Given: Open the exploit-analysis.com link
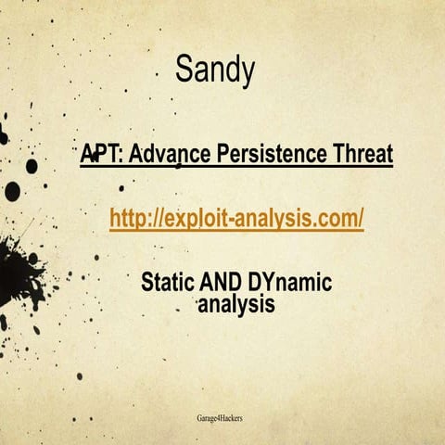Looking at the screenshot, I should pos(236,218).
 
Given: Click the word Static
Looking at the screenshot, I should pos(167,283).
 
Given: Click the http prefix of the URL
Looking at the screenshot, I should pos(128,218).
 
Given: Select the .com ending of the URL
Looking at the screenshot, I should pos(337,218).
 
